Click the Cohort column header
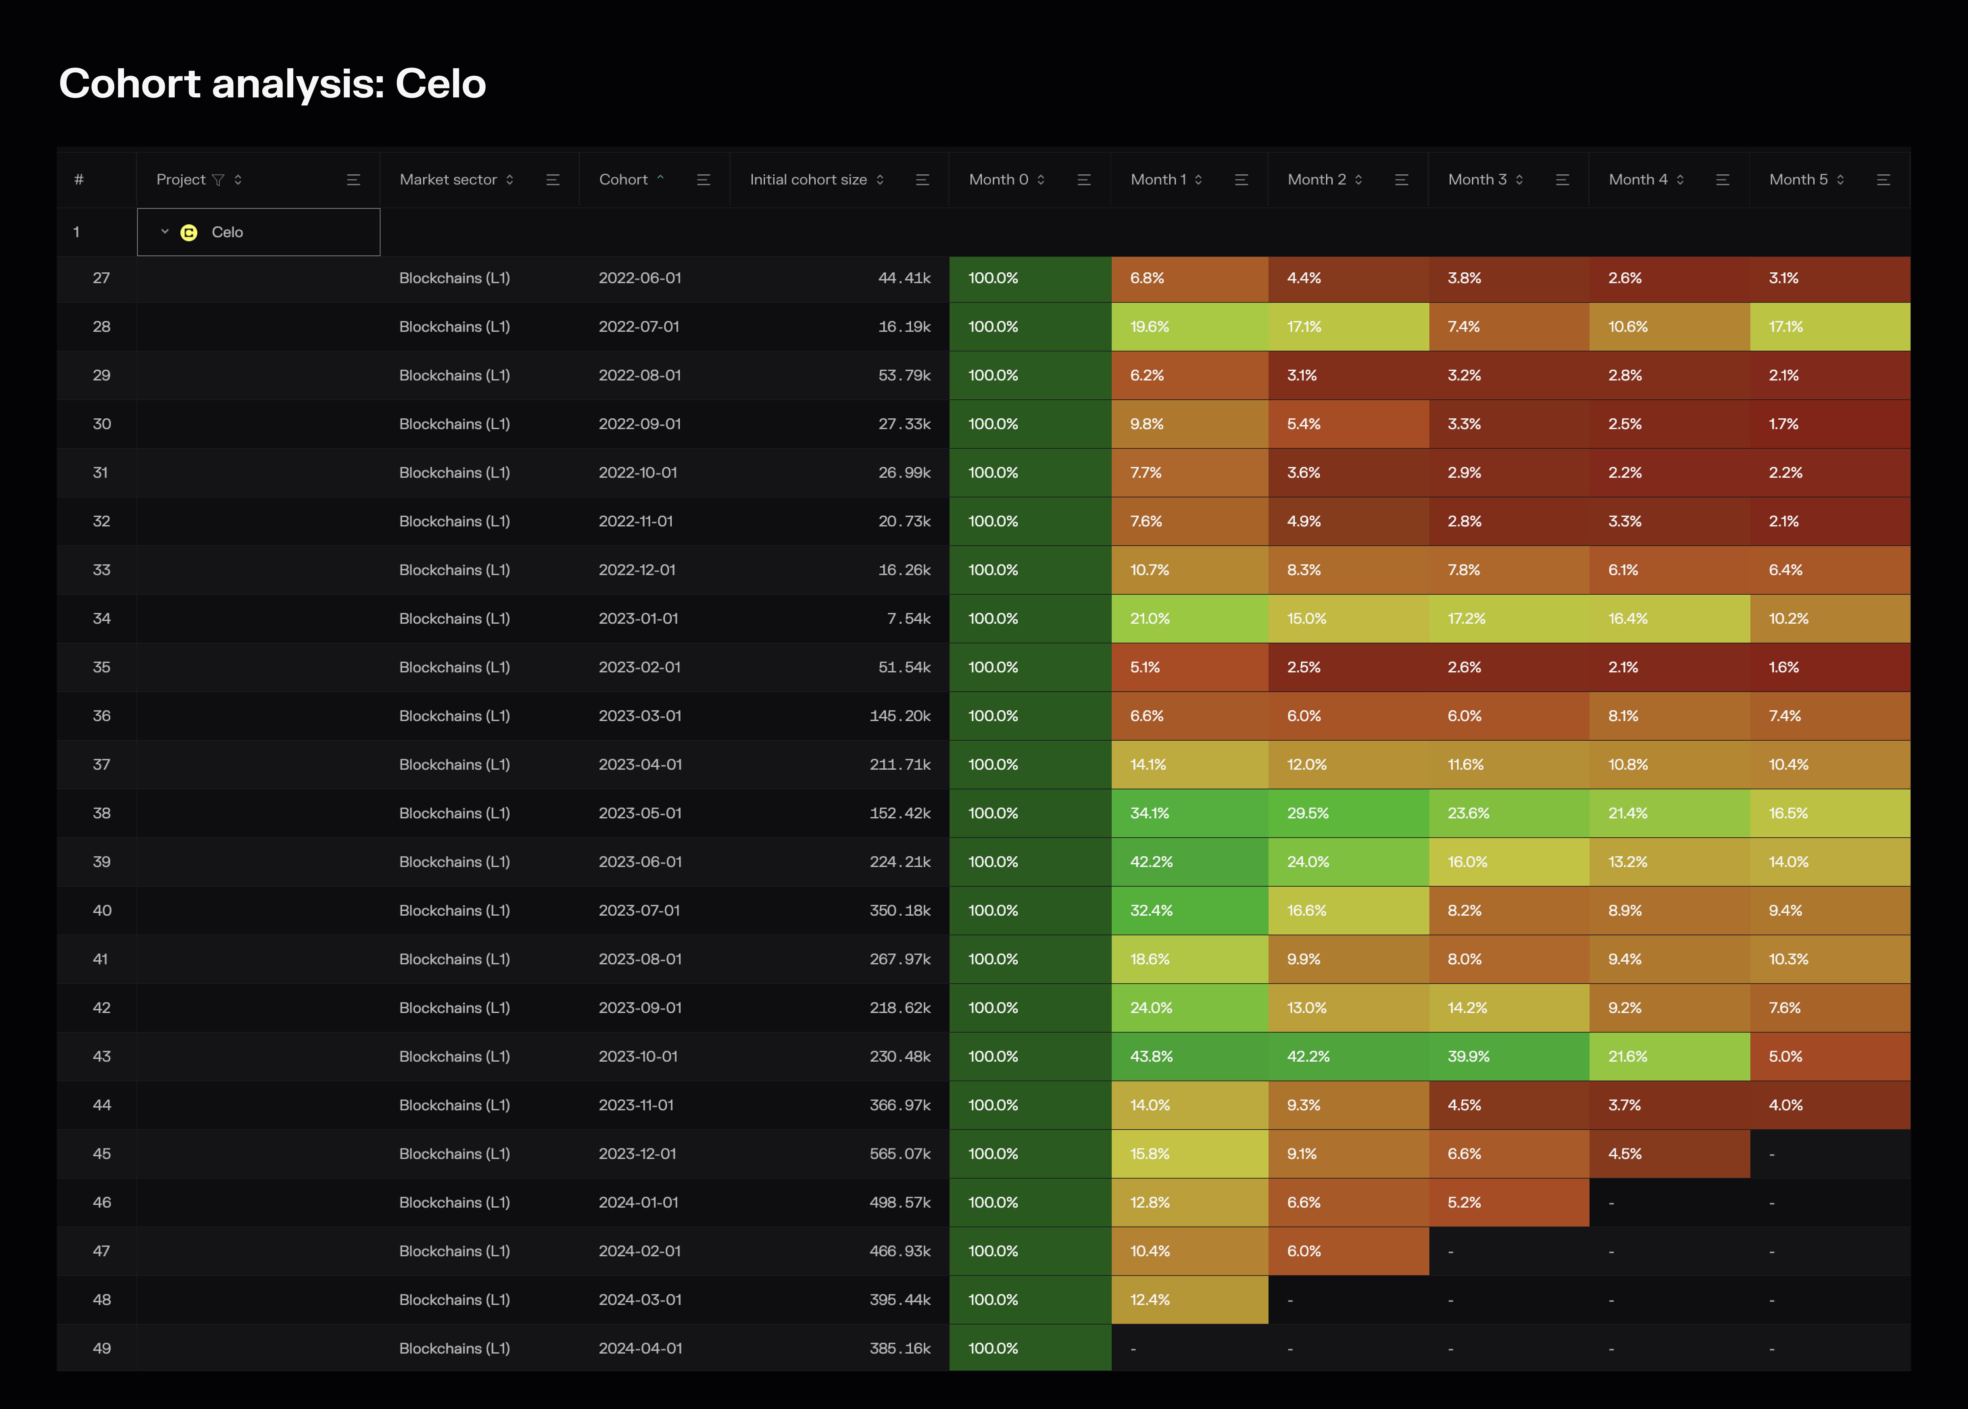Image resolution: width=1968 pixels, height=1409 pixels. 623,180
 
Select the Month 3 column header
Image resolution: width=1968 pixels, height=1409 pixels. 1477,180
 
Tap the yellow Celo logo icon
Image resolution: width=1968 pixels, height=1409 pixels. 188,232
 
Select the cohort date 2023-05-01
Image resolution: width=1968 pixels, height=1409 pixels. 640,813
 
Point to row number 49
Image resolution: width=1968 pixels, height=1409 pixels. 101,1348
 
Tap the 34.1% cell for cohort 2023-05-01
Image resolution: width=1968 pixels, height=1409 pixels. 1150,813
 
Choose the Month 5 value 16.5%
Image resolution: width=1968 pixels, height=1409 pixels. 1788,813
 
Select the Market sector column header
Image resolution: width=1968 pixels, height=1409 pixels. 448,180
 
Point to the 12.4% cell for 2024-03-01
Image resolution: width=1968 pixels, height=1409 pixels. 1150,1300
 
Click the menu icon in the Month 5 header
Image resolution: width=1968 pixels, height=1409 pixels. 1883,180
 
